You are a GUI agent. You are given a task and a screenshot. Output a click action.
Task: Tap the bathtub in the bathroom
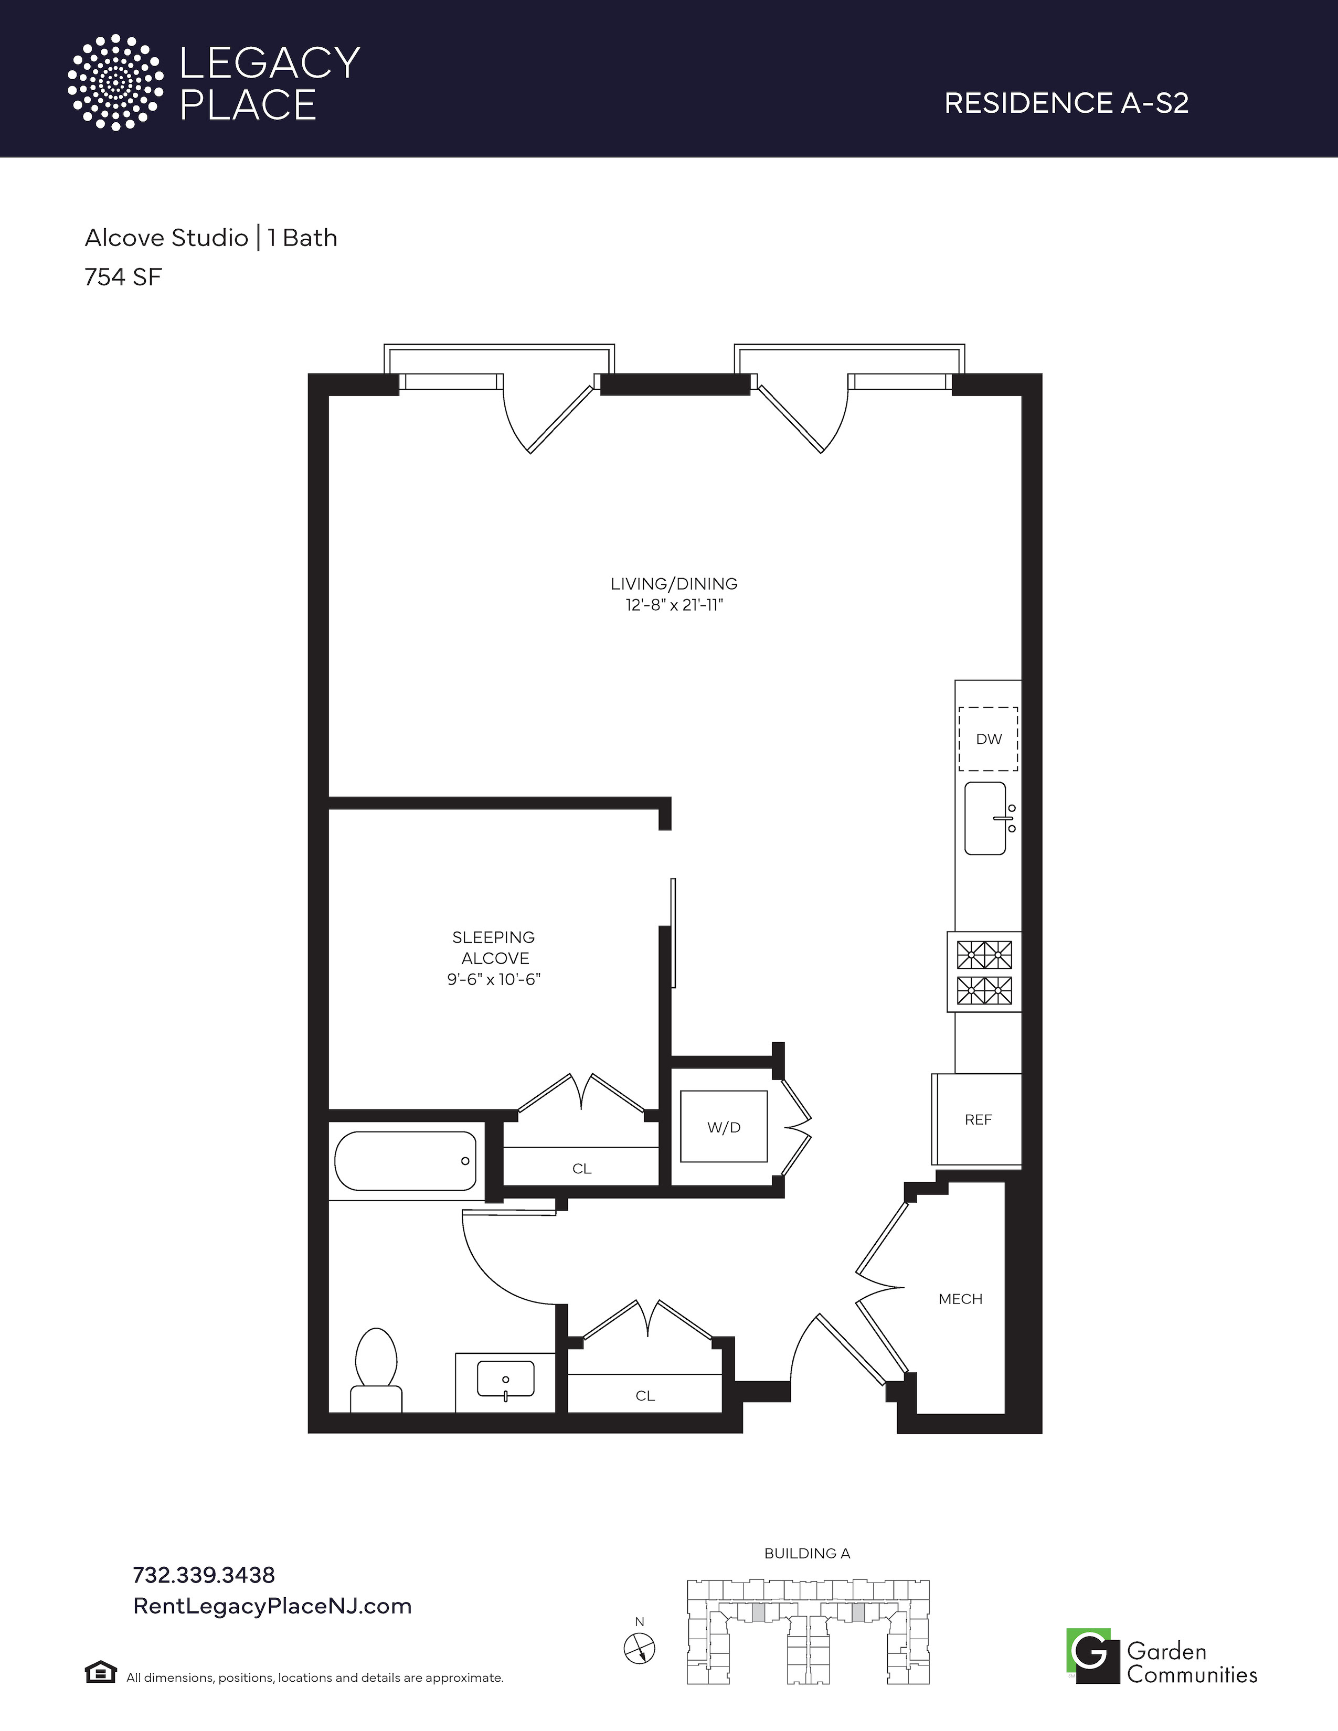(x=405, y=1161)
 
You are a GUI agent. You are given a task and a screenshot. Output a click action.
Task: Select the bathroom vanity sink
(x=505, y=1380)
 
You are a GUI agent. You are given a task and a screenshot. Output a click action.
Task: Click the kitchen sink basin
(x=985, y=819)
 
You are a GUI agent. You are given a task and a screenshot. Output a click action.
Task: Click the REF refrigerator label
(x=978, y=1119)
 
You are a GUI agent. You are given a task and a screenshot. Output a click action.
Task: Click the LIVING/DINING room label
(x=674, y=583)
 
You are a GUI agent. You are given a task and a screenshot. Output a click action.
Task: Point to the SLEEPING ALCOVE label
(x=494, y=947)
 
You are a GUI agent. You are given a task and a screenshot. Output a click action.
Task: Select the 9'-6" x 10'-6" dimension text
(x=494, y=980)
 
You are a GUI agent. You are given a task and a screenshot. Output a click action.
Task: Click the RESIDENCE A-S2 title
(x=1066, y=103)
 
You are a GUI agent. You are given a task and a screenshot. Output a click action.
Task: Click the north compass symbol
(x=640, y=1649)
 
